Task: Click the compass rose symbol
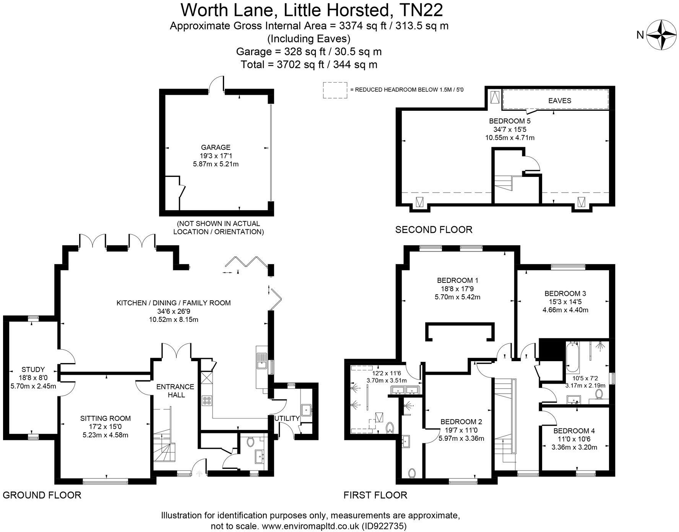point(661,35)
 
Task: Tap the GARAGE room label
point(216,147)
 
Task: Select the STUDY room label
point(33,370)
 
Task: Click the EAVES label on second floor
point(559,101)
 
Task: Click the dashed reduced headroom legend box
point(335,90)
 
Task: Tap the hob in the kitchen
point(207,401)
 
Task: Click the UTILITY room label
point(287,418)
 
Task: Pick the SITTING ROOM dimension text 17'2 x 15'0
point(106,427)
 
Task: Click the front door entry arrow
point(199,474)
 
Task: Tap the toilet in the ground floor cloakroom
point(251,442)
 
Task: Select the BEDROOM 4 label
point(574,431)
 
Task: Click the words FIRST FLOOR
point(375,495)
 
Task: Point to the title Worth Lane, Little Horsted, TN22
point(312,10)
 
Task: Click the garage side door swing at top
point(216,83)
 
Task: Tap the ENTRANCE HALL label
point(175,390)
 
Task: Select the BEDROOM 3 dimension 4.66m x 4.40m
point(565,310)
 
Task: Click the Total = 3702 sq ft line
point(309,65)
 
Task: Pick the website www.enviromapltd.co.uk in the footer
point(310,526)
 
